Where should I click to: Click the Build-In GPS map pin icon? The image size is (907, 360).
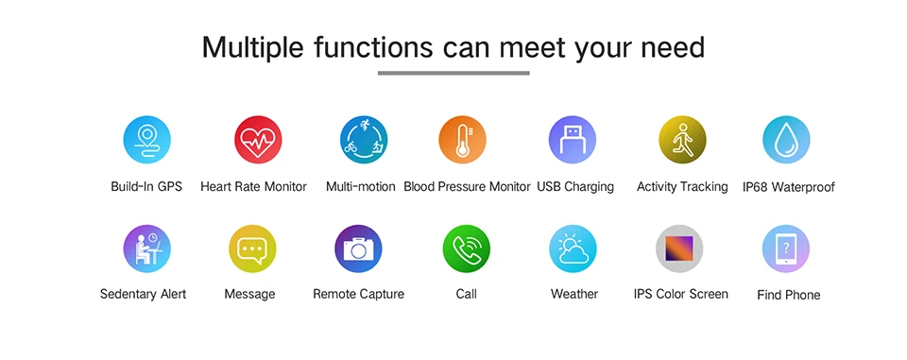pyautogui.click(x=147, y=140)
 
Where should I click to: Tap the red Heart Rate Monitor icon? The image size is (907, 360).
pyautogui.click(x=258, y=140)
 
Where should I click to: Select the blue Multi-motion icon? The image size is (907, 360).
pyautogui.click(x=364, y=140)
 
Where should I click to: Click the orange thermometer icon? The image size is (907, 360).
pyautogui.click(x=462, y=140)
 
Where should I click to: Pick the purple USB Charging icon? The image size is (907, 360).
pyautogui.click(x=573, y=140)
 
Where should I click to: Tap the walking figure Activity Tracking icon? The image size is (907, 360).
pyautogui.click(x=682, y=140)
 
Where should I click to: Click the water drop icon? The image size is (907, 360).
pyautogui.click(x=786, y=140)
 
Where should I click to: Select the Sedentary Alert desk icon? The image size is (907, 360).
pyautogui.click(x=147, y=249)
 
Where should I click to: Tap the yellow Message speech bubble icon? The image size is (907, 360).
pyautogui.click(x=252, y=249)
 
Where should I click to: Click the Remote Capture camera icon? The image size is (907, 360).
pyautogui.click(x=358, y=249)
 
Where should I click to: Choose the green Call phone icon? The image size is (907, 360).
pyautogui.click(x=466, y=249)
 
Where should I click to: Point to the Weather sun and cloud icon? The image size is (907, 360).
pyautogui.click(x=573, y=249)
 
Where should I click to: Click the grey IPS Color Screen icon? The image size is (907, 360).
pyautogui.click(x=679, y=249)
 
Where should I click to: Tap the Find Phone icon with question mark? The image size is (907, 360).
pyautogui.click(x=785, y=249)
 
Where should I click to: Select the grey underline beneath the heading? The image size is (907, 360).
pyautogui.click(x=453, y=73)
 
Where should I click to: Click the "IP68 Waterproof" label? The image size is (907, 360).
pyautogui.click(x=788, y=187)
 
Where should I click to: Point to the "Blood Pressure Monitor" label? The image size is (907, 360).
pyautogui.click(x=467, y=186)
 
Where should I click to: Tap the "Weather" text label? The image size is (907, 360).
pyautogui.click(x=574, y=294)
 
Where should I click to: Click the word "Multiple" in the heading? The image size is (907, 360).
pyautogui.click(x=252, y=48)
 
